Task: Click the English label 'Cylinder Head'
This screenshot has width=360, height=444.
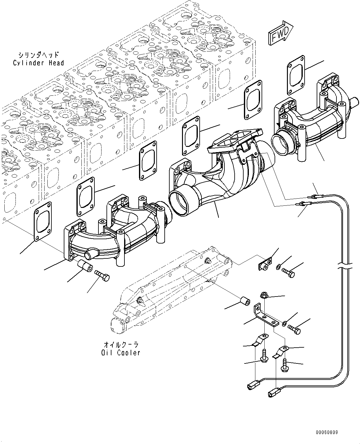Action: pos(38,63)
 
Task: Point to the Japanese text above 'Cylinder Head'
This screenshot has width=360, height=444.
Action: pos(38,55)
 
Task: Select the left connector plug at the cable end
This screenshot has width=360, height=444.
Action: pos(251,386)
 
